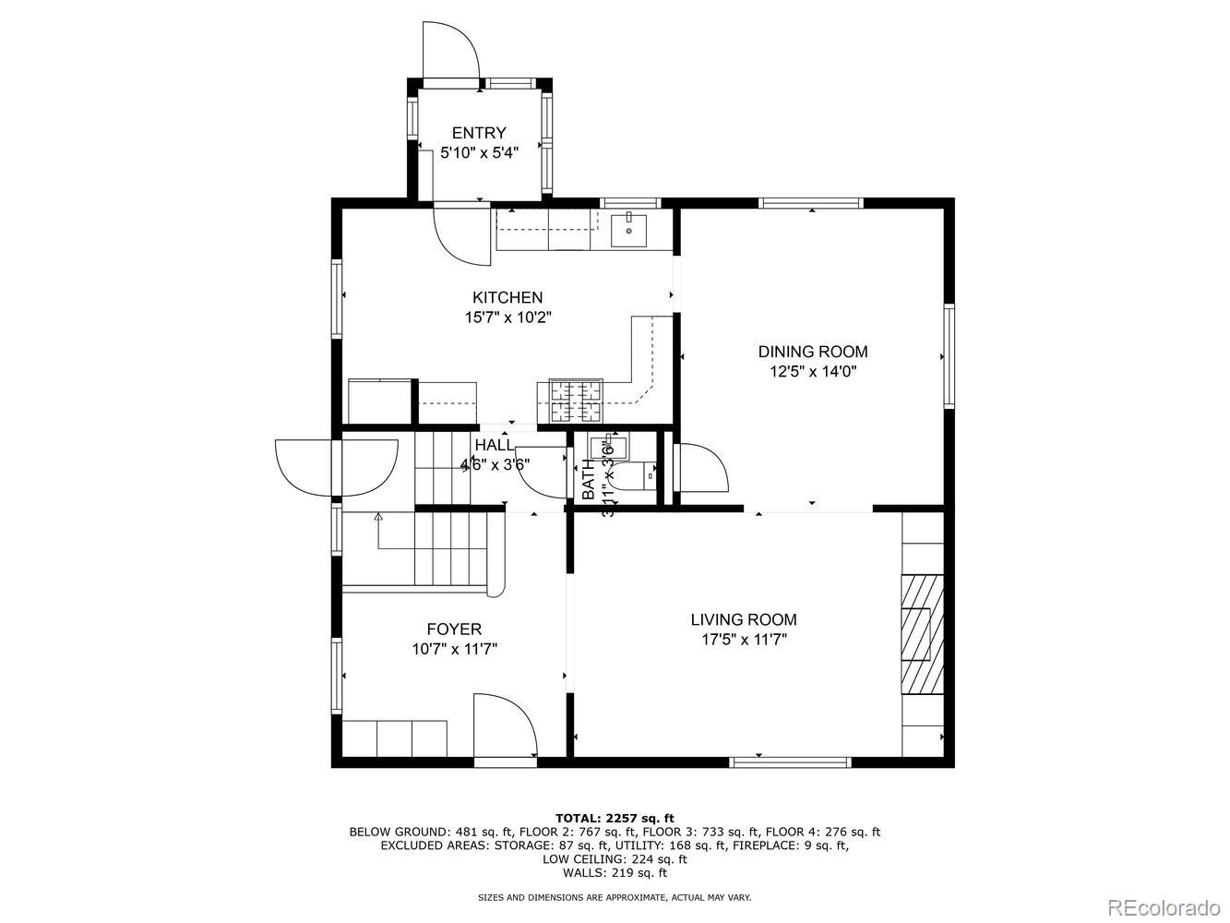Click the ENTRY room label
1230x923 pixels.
pos(478,133)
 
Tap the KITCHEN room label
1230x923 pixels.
pos(508,297)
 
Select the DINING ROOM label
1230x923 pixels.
pos(812,352)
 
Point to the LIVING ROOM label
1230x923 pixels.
pos(744,620)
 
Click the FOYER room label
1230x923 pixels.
pos(454,629)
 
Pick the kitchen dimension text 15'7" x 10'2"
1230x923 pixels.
pos(508,318)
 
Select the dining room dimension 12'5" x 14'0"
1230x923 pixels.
pos(812,372)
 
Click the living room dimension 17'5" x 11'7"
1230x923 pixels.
pos(744,640)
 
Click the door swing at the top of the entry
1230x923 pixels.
pos(450,51)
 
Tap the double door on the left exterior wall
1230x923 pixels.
pos(338,466)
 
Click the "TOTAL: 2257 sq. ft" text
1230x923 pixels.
pos(615,818)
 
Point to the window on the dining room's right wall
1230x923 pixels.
pos(949,356)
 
